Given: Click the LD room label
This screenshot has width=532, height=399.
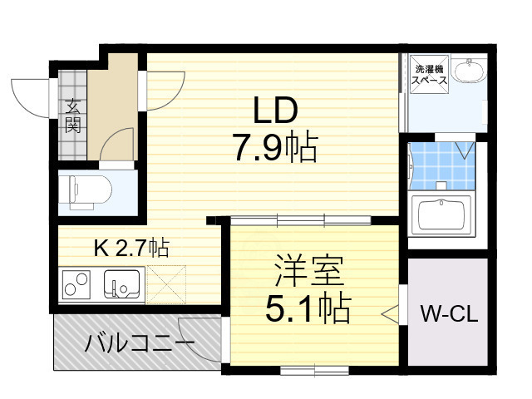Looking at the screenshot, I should pos(275,111).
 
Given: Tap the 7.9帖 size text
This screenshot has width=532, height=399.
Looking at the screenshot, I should pos(275,149).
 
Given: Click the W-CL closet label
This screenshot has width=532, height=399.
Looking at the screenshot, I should pos(447,315).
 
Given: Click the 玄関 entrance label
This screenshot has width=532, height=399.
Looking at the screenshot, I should pos(73,116).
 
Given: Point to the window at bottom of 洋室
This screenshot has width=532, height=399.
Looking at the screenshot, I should pos(314,367).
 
